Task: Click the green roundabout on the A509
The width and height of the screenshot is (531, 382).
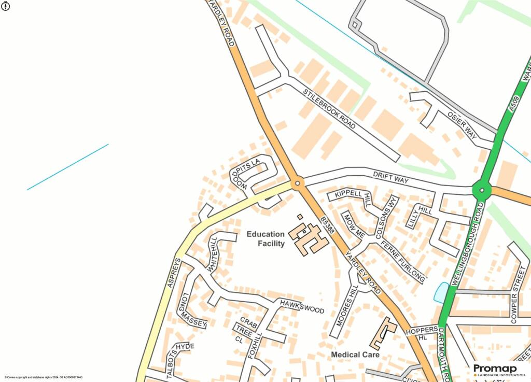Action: (x=482, y=190)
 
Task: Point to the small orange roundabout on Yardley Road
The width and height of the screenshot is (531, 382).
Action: (x=297, y=183)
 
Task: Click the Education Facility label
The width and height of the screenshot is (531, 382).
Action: (x=265, y=239)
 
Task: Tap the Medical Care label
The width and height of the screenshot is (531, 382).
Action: (x=355, y=355)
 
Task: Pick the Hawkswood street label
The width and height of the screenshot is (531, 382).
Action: (x=302, y=307)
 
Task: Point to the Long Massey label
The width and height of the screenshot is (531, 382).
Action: (x=192, y=310)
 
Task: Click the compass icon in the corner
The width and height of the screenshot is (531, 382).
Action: (x=6, y=6)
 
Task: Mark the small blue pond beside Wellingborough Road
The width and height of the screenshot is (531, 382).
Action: (x=441, y=293)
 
